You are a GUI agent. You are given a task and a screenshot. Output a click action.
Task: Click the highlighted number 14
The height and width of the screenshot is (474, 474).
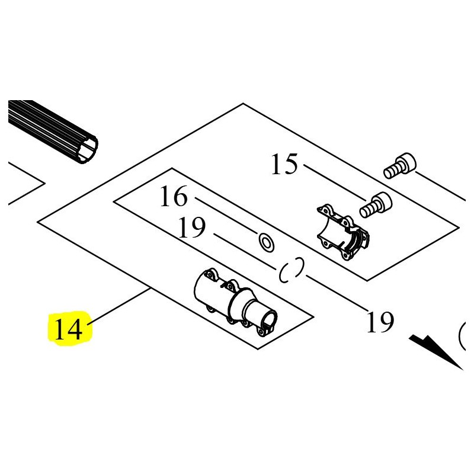(68, 329)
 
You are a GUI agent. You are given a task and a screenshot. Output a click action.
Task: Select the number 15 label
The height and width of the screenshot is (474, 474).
(284, 164)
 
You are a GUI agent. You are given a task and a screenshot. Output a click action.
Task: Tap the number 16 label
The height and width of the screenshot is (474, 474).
(174, 196)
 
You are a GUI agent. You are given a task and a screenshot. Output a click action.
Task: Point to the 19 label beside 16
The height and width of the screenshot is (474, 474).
(192, 228)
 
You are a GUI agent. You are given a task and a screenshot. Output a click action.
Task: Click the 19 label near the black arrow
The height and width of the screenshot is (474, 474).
(380, 322)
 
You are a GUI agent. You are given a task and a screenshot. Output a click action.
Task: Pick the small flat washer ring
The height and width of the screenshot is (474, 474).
(266, 242)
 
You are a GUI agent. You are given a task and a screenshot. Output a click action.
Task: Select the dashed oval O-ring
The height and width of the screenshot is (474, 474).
(291, 270)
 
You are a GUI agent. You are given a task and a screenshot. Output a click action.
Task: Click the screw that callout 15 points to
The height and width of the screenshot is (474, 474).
(376, 205)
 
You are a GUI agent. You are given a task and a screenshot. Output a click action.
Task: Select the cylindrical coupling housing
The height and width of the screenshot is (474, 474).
(235, 302)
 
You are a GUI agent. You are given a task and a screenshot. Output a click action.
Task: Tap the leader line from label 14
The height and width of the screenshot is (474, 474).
(120, 306)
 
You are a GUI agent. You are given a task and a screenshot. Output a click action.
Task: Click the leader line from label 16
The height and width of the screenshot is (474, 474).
(226, 215)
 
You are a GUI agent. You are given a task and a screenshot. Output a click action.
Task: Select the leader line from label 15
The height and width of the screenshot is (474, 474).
(335, 182)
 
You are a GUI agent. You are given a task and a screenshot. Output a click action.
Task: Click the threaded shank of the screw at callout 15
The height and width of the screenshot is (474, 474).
(367, 210)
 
